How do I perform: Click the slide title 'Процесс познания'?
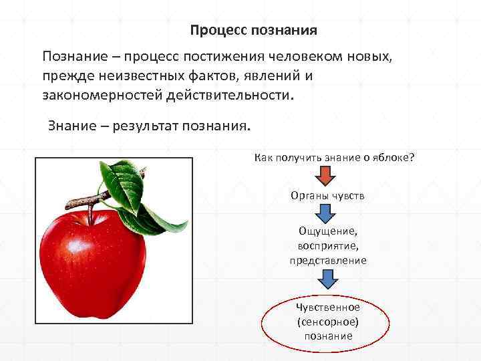tap(253, 31)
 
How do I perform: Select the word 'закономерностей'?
tap(96, 94)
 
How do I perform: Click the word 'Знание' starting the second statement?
tap(71, 126)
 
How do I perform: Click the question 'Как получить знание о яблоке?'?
tap(334, 157)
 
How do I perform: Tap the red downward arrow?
tap(326, 176)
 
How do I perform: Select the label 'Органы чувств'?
tap(327, 196)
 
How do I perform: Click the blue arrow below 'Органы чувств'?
tap(326, 214)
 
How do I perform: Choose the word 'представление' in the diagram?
tap(328, 261)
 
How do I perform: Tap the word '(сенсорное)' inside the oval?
tap(328, 322)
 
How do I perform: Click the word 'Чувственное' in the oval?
tap(328, 308)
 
